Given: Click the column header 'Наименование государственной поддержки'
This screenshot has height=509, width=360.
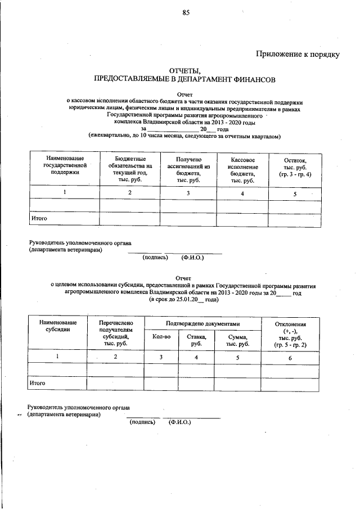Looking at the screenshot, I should pyautogui.click(x=65, y=166).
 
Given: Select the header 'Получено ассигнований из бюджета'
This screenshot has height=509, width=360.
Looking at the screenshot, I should pyautogui.click(x=188, y=169).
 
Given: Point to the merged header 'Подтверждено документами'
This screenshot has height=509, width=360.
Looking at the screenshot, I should pyautogui.click(x=202, y=324).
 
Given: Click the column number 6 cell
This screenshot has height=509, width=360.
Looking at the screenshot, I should pyautogui.click(x=290, y=357).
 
